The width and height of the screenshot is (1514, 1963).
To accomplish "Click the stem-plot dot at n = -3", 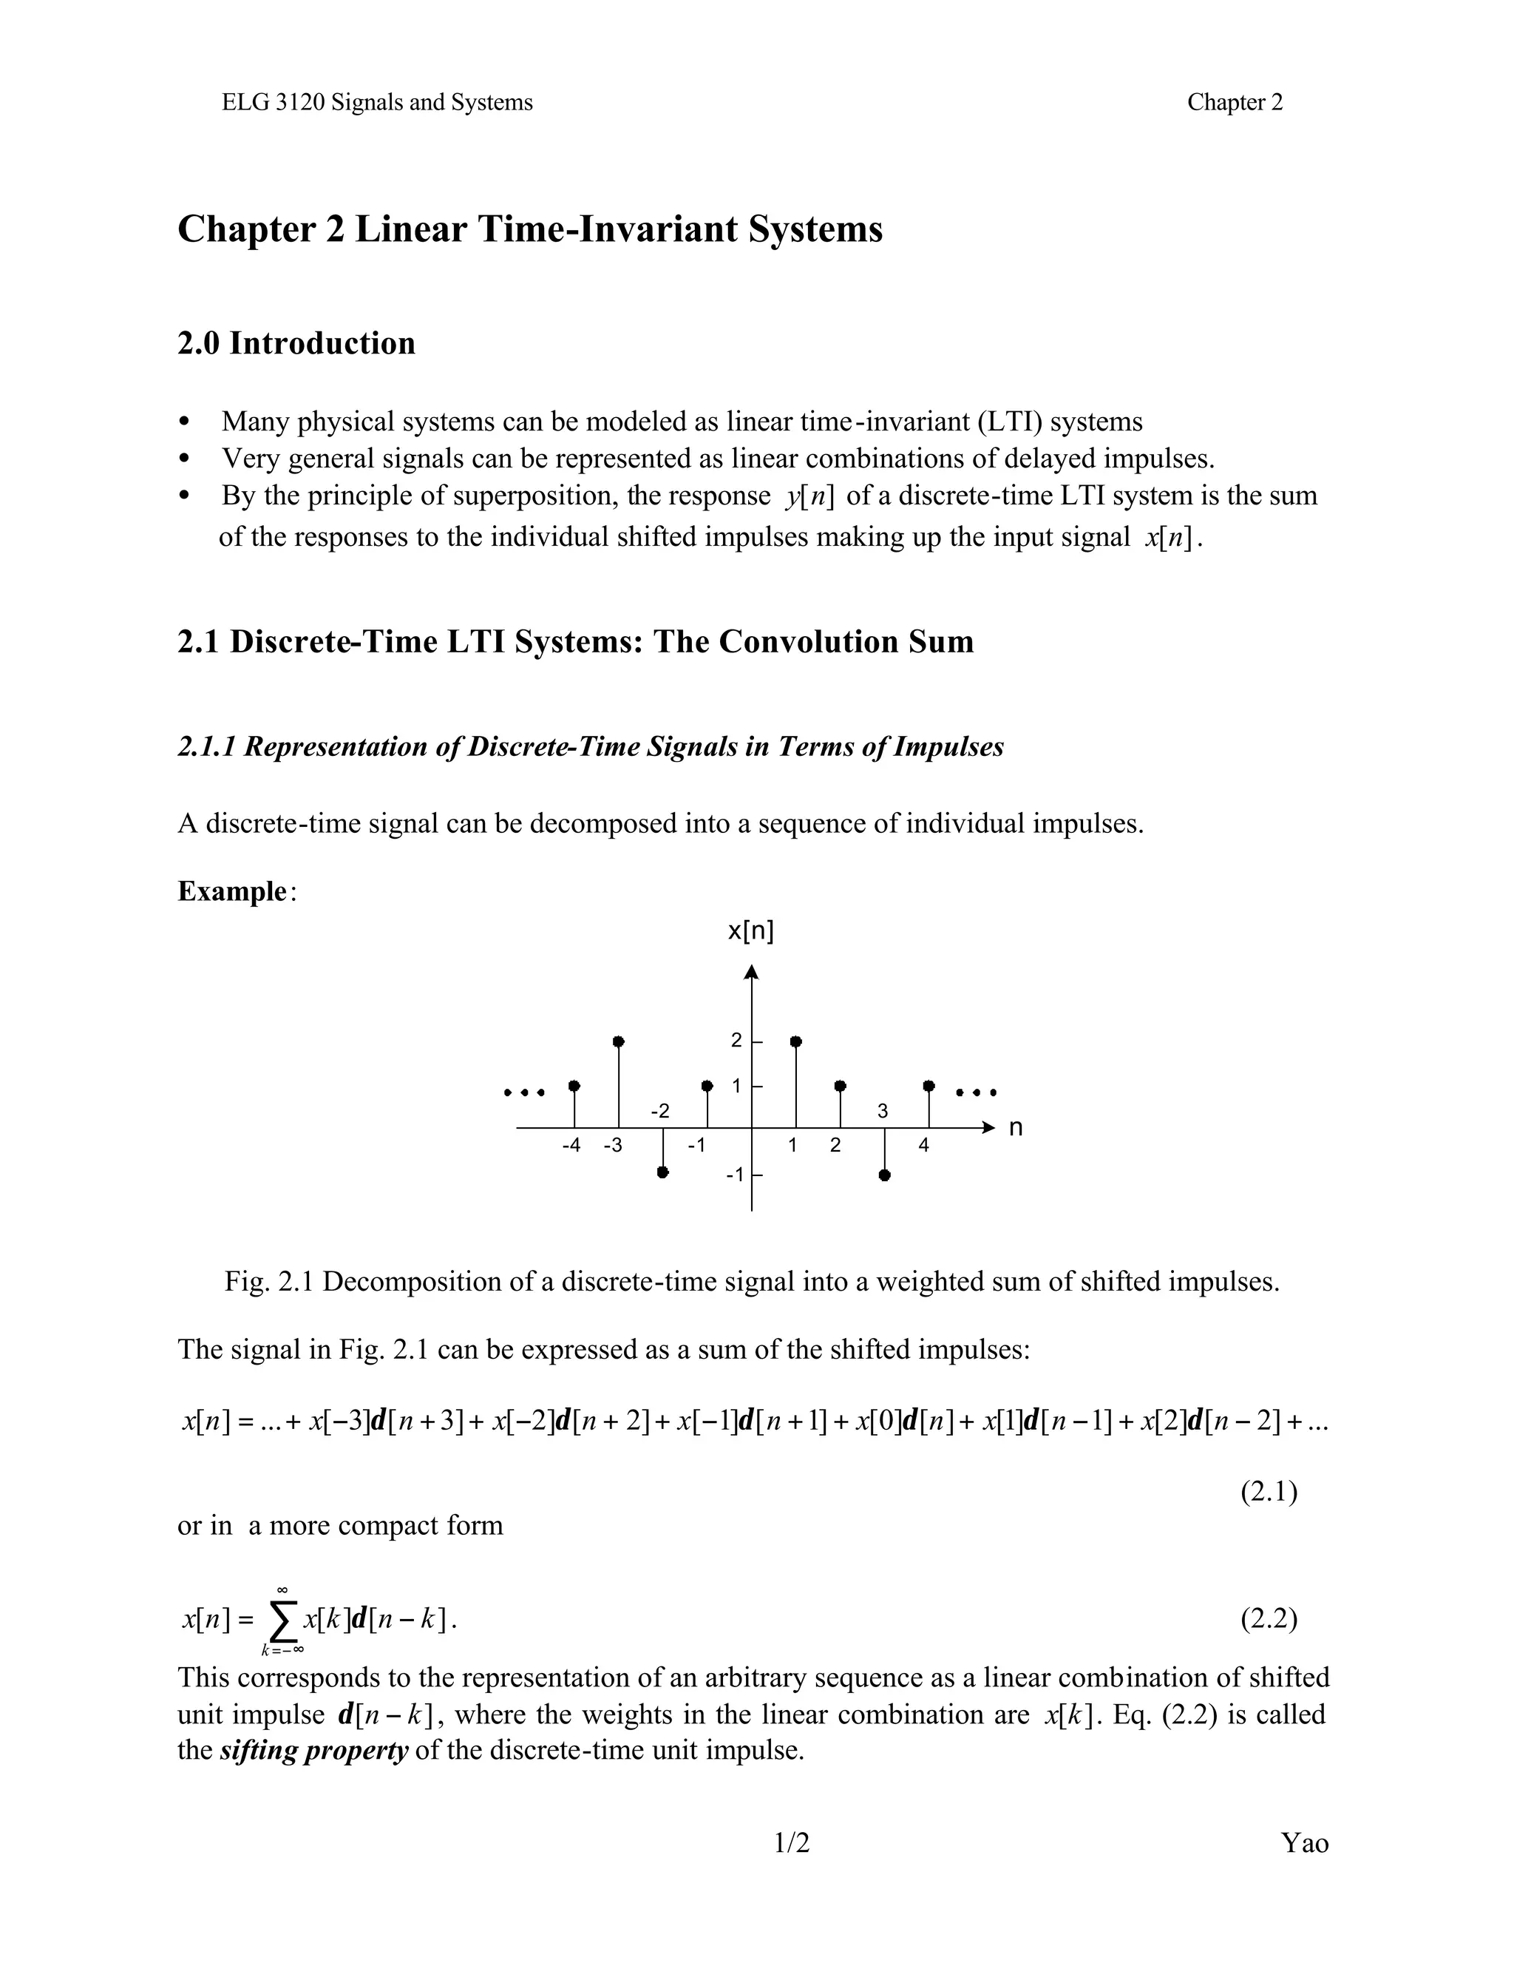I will tap(618, 1041).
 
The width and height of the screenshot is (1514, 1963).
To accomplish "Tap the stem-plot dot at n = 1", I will tap(796, 1041).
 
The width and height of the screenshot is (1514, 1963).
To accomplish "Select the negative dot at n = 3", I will tap(885, 1175).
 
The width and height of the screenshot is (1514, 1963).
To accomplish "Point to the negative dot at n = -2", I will tap(663, 1172).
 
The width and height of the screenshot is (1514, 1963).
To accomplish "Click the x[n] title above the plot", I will tap(750, 931).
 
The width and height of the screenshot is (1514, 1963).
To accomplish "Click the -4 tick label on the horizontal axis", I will tap(571, 1146).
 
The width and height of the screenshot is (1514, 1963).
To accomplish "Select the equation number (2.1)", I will tap(1269, 1492).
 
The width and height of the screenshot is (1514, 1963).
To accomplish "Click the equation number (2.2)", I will tap(1269, 1619).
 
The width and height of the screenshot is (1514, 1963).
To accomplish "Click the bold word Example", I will tap(232, 891).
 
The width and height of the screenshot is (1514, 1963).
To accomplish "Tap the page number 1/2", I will tap(792, 1843).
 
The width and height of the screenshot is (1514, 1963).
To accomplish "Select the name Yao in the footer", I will tap(1305, 1843).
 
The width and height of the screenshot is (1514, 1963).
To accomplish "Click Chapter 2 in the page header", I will tap(1235, 103).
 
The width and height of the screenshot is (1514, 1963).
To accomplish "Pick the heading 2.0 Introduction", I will tap(296, 343).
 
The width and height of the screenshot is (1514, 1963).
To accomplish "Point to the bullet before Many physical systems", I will tap(185, 422).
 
